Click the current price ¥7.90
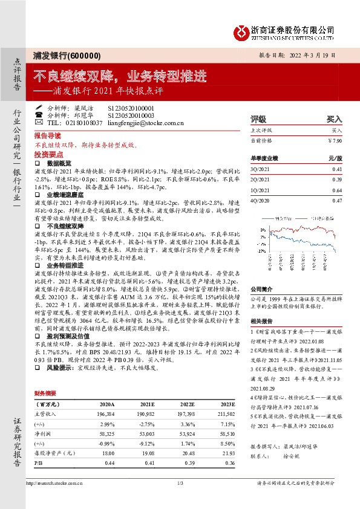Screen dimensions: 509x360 (x=335, y=140)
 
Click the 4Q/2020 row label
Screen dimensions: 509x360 (x=258, y=200)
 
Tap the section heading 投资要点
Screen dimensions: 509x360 (x=49, y=154)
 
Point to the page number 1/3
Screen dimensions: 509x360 (x=180, y=500)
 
